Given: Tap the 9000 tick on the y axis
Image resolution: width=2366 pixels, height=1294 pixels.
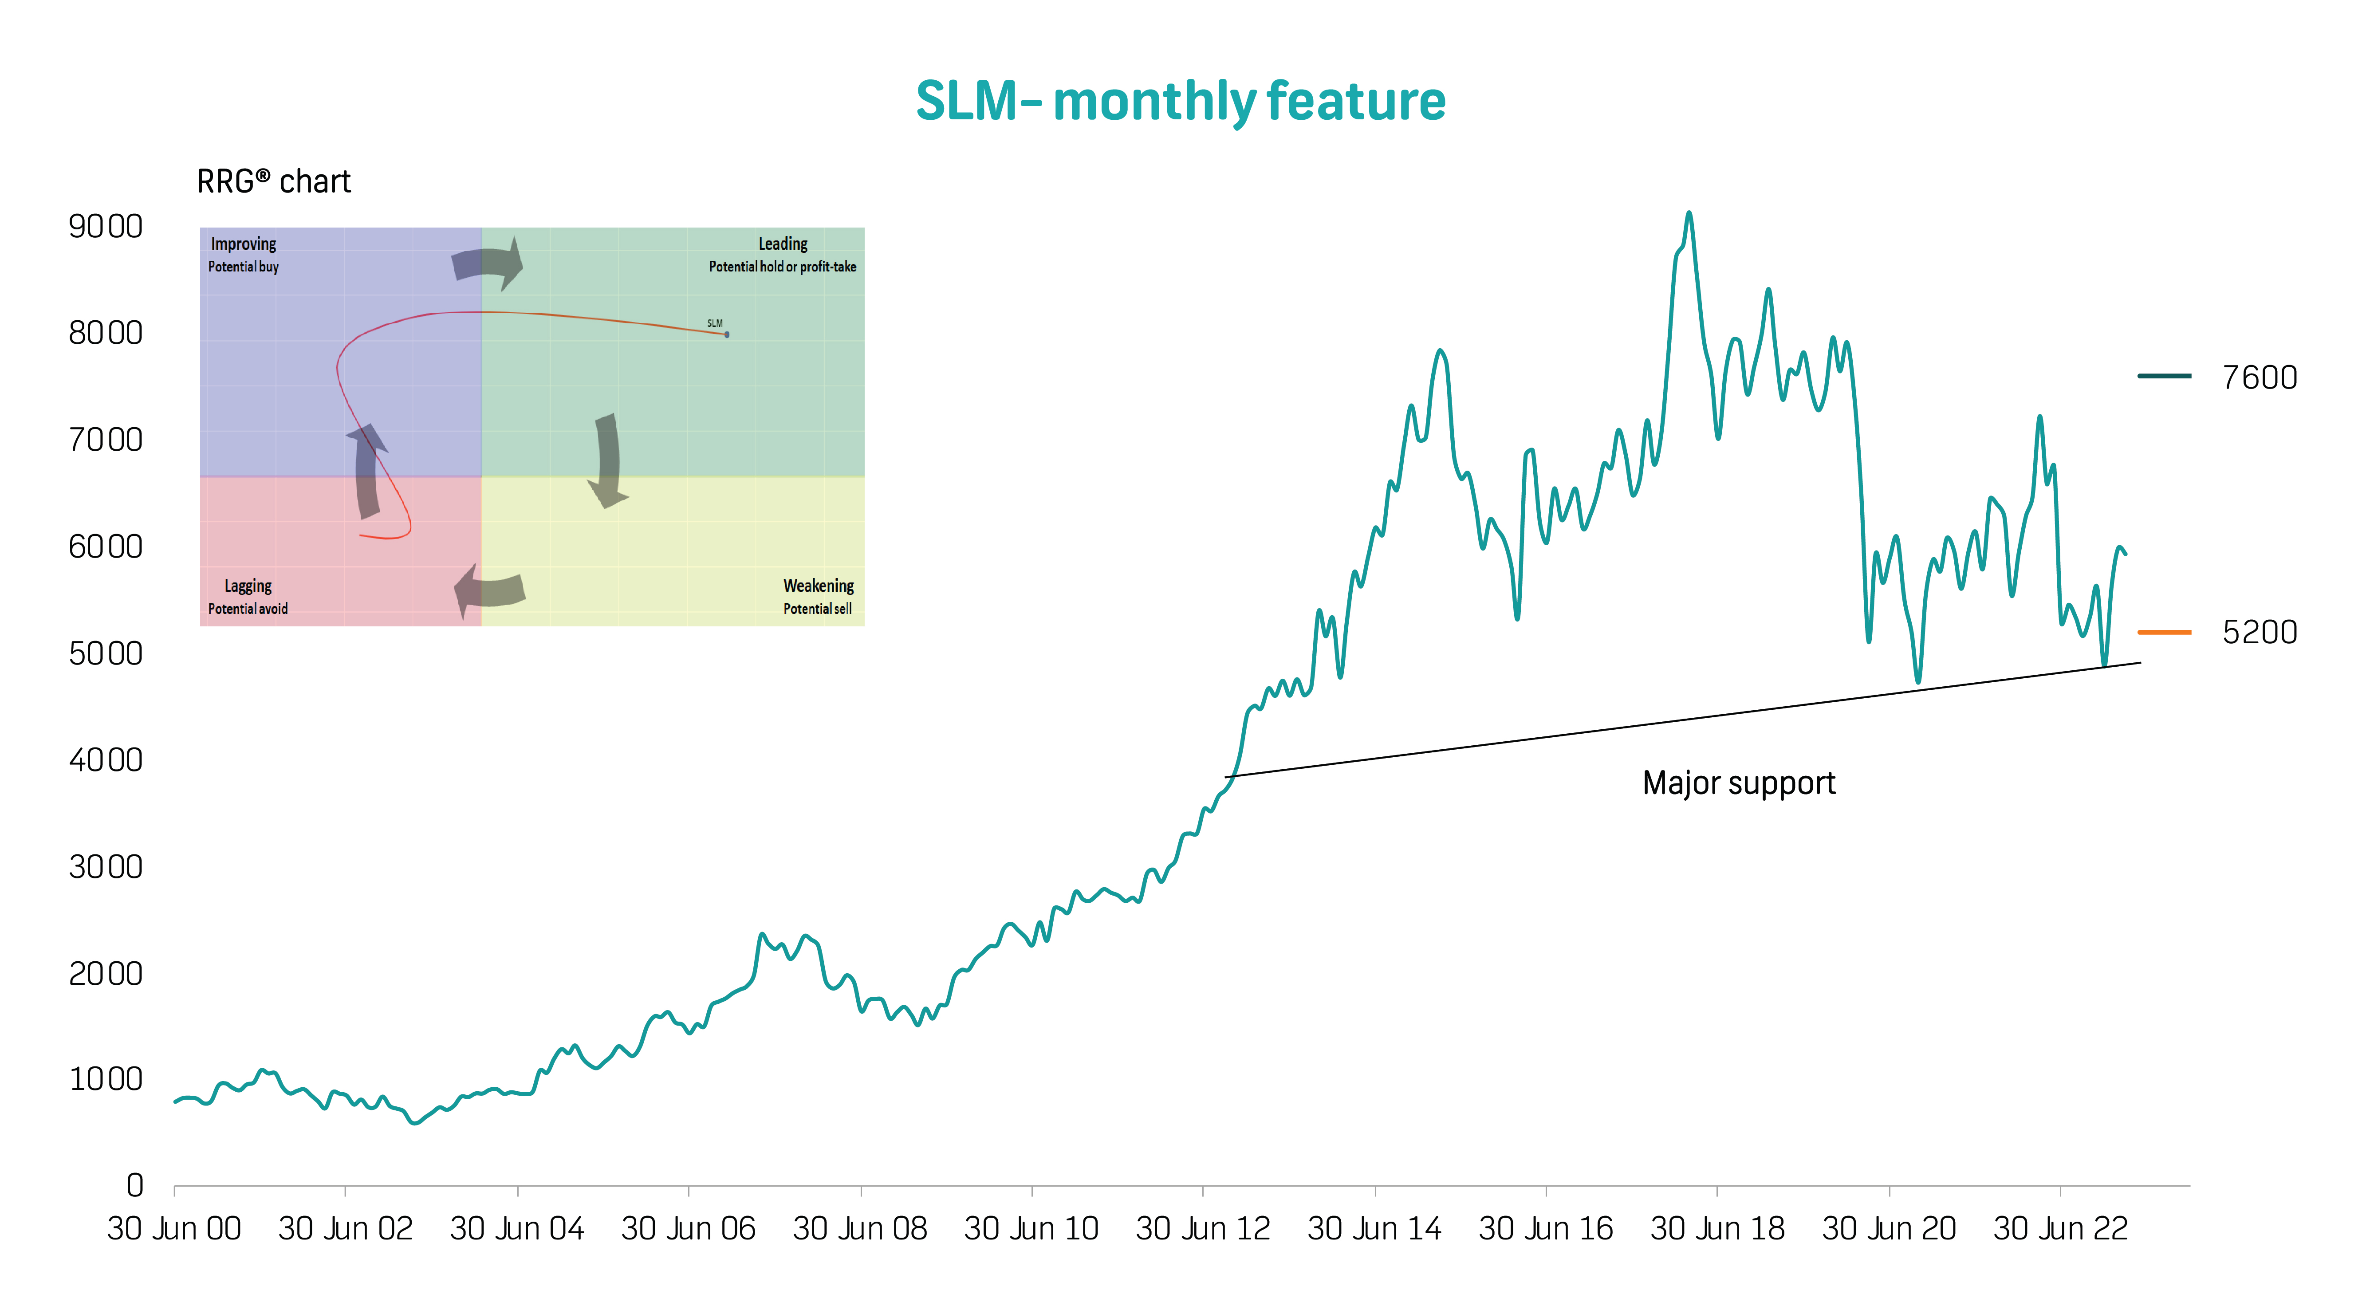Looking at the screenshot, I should [x=106, y=226].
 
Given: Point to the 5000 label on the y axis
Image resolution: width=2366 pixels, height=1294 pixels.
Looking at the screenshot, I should [x=106, y=653].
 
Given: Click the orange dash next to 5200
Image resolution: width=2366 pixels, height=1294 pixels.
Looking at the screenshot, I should [x=2164, y=632].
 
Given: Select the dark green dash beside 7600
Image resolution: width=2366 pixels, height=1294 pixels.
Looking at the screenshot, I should [x=2164, y=376].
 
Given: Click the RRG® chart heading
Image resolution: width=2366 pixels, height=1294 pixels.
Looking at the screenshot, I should [x=274, y=182].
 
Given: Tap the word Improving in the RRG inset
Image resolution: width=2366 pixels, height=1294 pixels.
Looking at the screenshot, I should [x=244, y=244].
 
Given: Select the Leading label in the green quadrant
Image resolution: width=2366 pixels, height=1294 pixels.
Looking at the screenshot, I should [x=783, y=244].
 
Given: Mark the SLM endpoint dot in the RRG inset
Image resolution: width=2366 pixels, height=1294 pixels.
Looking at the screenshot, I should [x=727, y=334].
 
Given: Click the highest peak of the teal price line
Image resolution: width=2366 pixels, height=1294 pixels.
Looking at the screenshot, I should [x=1688, y=214].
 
